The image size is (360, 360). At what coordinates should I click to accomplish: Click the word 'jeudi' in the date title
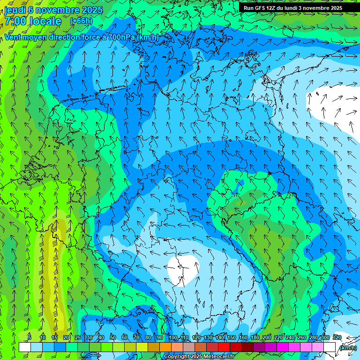[x=15, y=10]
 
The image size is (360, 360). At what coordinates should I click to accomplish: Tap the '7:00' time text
[x=15, y=21]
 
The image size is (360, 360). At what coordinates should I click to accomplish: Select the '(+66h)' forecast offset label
[x=81, y=21]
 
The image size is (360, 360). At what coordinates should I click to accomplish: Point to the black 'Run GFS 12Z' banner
[x=293, y=8]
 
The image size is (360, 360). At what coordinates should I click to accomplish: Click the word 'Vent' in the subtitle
[x=15, y=37]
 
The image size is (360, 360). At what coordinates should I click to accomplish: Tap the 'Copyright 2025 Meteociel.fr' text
[x=199, y=357]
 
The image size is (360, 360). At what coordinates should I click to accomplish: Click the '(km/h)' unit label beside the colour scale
[x=347, y=348]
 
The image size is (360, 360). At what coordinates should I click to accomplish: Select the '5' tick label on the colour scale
[x=30, y=337]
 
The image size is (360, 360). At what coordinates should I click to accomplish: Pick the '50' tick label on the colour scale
[x=113, y=337]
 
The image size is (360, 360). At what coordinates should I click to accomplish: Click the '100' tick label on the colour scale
[x=173, y=337]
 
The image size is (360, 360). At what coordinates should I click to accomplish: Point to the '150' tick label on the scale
[x=232, y=337]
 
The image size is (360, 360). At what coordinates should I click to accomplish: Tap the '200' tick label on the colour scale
[x=267, y=337]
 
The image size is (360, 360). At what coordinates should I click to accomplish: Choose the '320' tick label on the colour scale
[x=337, y=337]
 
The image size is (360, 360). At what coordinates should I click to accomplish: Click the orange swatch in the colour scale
[x=165, y=347]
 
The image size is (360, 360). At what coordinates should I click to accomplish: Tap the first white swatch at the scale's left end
[x=25, y=347]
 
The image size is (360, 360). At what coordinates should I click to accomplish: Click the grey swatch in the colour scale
[x=189, y=347]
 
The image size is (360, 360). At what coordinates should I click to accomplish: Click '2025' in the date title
[x=92, y=10]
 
